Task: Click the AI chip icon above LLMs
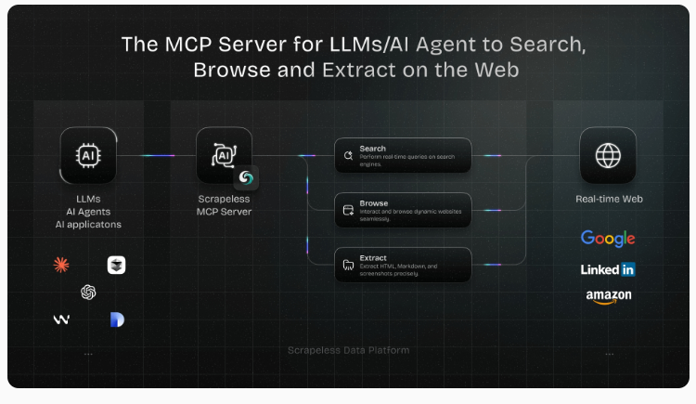(x=88, y=155)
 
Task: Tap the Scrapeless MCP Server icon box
(x=224, y=155)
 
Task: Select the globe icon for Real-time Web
(x=608, y=155)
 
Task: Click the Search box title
(x=373, y=149)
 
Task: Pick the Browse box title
(x=374, y=202)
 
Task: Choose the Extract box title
(x=374, y=257)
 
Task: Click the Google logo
(x=608, y=239)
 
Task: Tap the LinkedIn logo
(x=608, y=269)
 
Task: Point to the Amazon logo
(x=608, y=296)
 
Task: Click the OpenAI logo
(x=88, y=293)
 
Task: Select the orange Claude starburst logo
(x=61, y=266)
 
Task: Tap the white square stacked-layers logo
(x=116, y=266)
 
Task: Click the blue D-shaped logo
(x=116, y=319)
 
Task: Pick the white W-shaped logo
(x=61, y=319)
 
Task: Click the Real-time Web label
(x=608, y=199)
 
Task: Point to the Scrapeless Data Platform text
(x=348, y=350)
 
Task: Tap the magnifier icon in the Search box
(x=348, y=155)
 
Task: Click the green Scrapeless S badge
(x=246, y=177)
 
